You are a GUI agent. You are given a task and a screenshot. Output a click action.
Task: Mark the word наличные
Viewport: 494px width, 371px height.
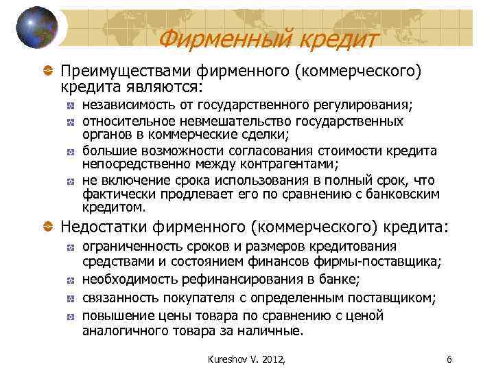click(270, 330)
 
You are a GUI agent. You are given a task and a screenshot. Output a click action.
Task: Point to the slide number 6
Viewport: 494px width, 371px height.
click(449, 358)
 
